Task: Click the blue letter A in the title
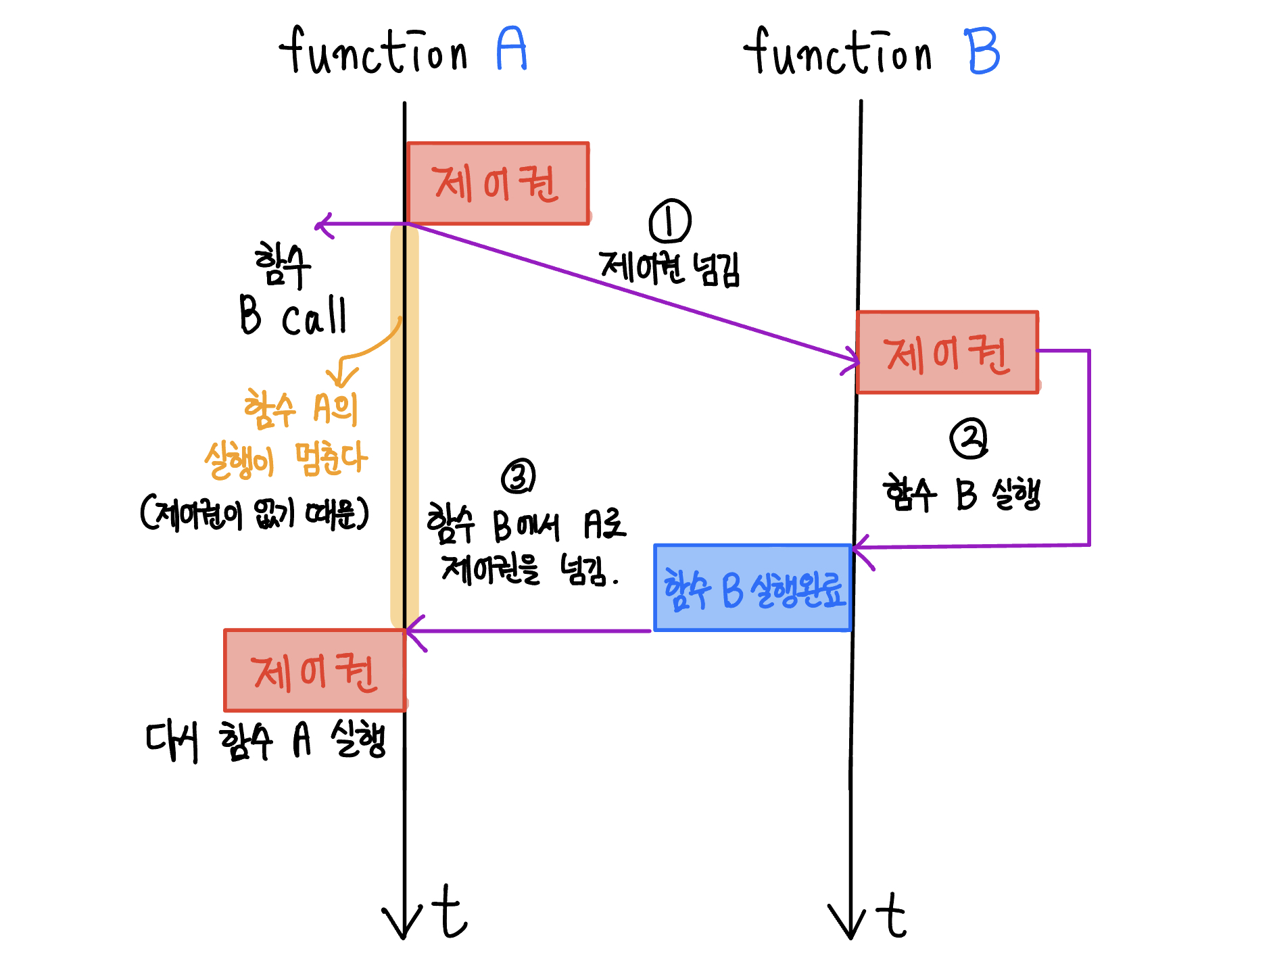pyautogui.click(x=511, y=49)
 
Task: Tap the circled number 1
pyautogui.click(x=669, y=221)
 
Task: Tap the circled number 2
pyautogui.click(x=969, y=439)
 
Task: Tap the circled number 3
pyautogui.click(x=519, y=477)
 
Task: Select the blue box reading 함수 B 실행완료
pyautogui.click(x=752, y=588)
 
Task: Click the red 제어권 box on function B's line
pyautogui.click(x=947, y=352)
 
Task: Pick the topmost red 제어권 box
pyautogui.click(x=498, y=183)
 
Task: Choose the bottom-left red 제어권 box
pyautogui.click(x=315, y=671)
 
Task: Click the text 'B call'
pyautogui.click(x=293, y=316)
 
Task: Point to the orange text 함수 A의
pyautogui.click(x=301, y=410)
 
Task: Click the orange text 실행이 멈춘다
pyautogui.click(x=287, y=460)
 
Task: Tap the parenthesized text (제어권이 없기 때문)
pyautogui.click(x=255, y=514)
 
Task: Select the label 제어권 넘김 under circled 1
pyautogui.click(x=669, y=268)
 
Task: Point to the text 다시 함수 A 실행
pyautogui.click(x=266, y=741)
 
